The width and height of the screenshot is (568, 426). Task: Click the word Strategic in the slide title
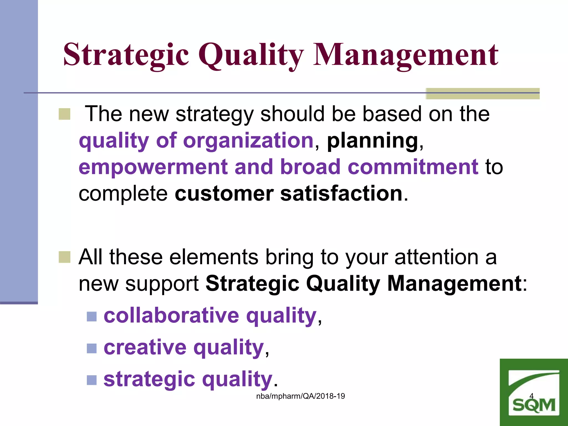[126, 55]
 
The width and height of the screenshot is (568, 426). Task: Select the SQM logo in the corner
[534, 393]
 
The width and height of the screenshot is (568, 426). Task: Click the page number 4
[531, 396]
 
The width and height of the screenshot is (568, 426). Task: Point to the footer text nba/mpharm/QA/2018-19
[300, 396]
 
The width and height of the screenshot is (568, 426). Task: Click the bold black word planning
[372, 141]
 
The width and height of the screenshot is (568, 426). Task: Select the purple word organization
[248, 141]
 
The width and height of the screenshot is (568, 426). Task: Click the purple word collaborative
[171, 315]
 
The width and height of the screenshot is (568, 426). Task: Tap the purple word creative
[145, 347]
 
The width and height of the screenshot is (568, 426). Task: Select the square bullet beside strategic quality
[92, 380]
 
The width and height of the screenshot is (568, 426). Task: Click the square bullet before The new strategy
[64, 114]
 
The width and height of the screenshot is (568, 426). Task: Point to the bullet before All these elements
[64, 257]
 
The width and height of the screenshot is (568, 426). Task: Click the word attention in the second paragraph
[436, 257]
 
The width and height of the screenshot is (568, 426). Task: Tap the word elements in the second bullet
[214, 257]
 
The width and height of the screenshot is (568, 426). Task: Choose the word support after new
[162, 283]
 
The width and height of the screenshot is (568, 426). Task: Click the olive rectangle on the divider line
[482, 93]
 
